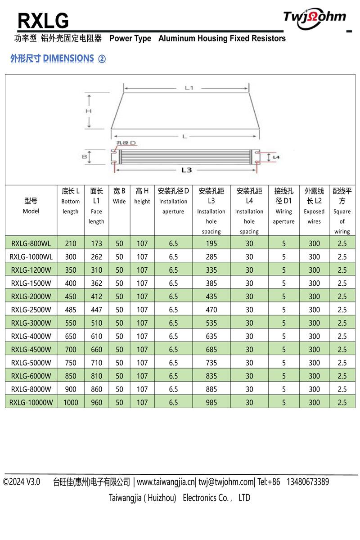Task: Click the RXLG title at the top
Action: (43, 21)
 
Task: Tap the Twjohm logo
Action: (315, 18)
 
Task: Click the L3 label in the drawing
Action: (186, 170)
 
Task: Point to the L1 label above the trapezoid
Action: (189, 88)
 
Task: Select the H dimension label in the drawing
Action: (89, 111)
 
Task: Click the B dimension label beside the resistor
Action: (84, 157)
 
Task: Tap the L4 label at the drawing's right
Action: (276, 157)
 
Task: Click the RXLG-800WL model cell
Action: (31, 243)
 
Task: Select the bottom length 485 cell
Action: (71, 310)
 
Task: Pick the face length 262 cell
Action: (96, 257)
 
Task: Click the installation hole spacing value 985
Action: (211, 403)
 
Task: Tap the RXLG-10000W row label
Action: (31, 403)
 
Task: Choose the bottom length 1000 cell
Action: (71, 403)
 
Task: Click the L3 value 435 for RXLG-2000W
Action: (211, 297)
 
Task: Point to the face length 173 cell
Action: (96, 243)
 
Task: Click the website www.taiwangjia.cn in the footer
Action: (166, 482)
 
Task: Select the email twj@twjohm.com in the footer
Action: (226, 482)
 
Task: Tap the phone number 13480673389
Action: (307, 482)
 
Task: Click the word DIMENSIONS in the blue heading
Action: (68, 58)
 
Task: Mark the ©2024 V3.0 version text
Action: (22, 482)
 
